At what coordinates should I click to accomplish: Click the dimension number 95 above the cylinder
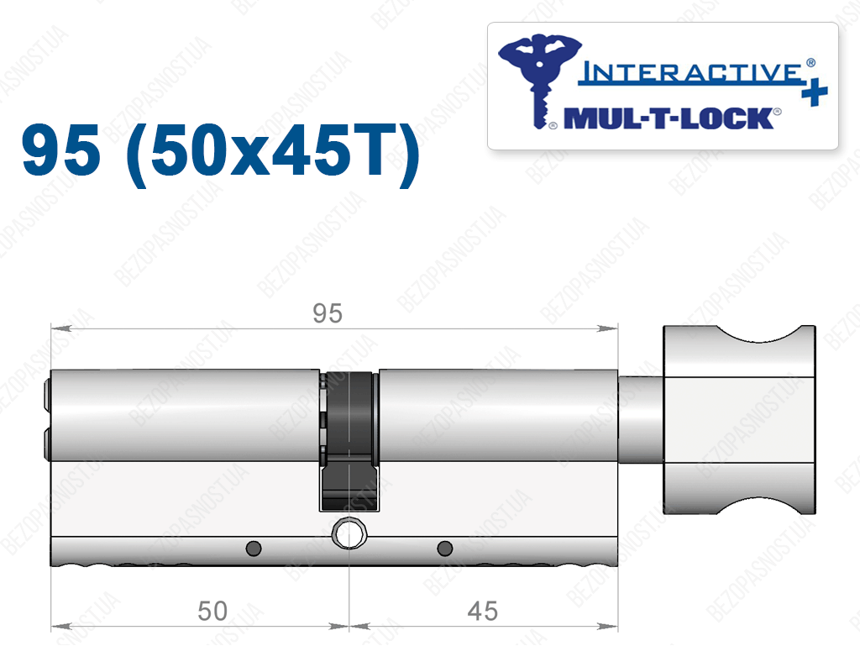tap(328, 313)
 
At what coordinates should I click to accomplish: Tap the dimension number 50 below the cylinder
tap(212, 611)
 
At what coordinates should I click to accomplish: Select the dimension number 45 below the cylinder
tap(483, 611)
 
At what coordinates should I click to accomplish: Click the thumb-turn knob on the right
tap(739, 419)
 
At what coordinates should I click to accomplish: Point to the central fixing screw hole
tap(349, 533)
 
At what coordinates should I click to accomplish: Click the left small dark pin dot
tap(254, 548)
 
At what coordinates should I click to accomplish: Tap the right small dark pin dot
tap(445, 548)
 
